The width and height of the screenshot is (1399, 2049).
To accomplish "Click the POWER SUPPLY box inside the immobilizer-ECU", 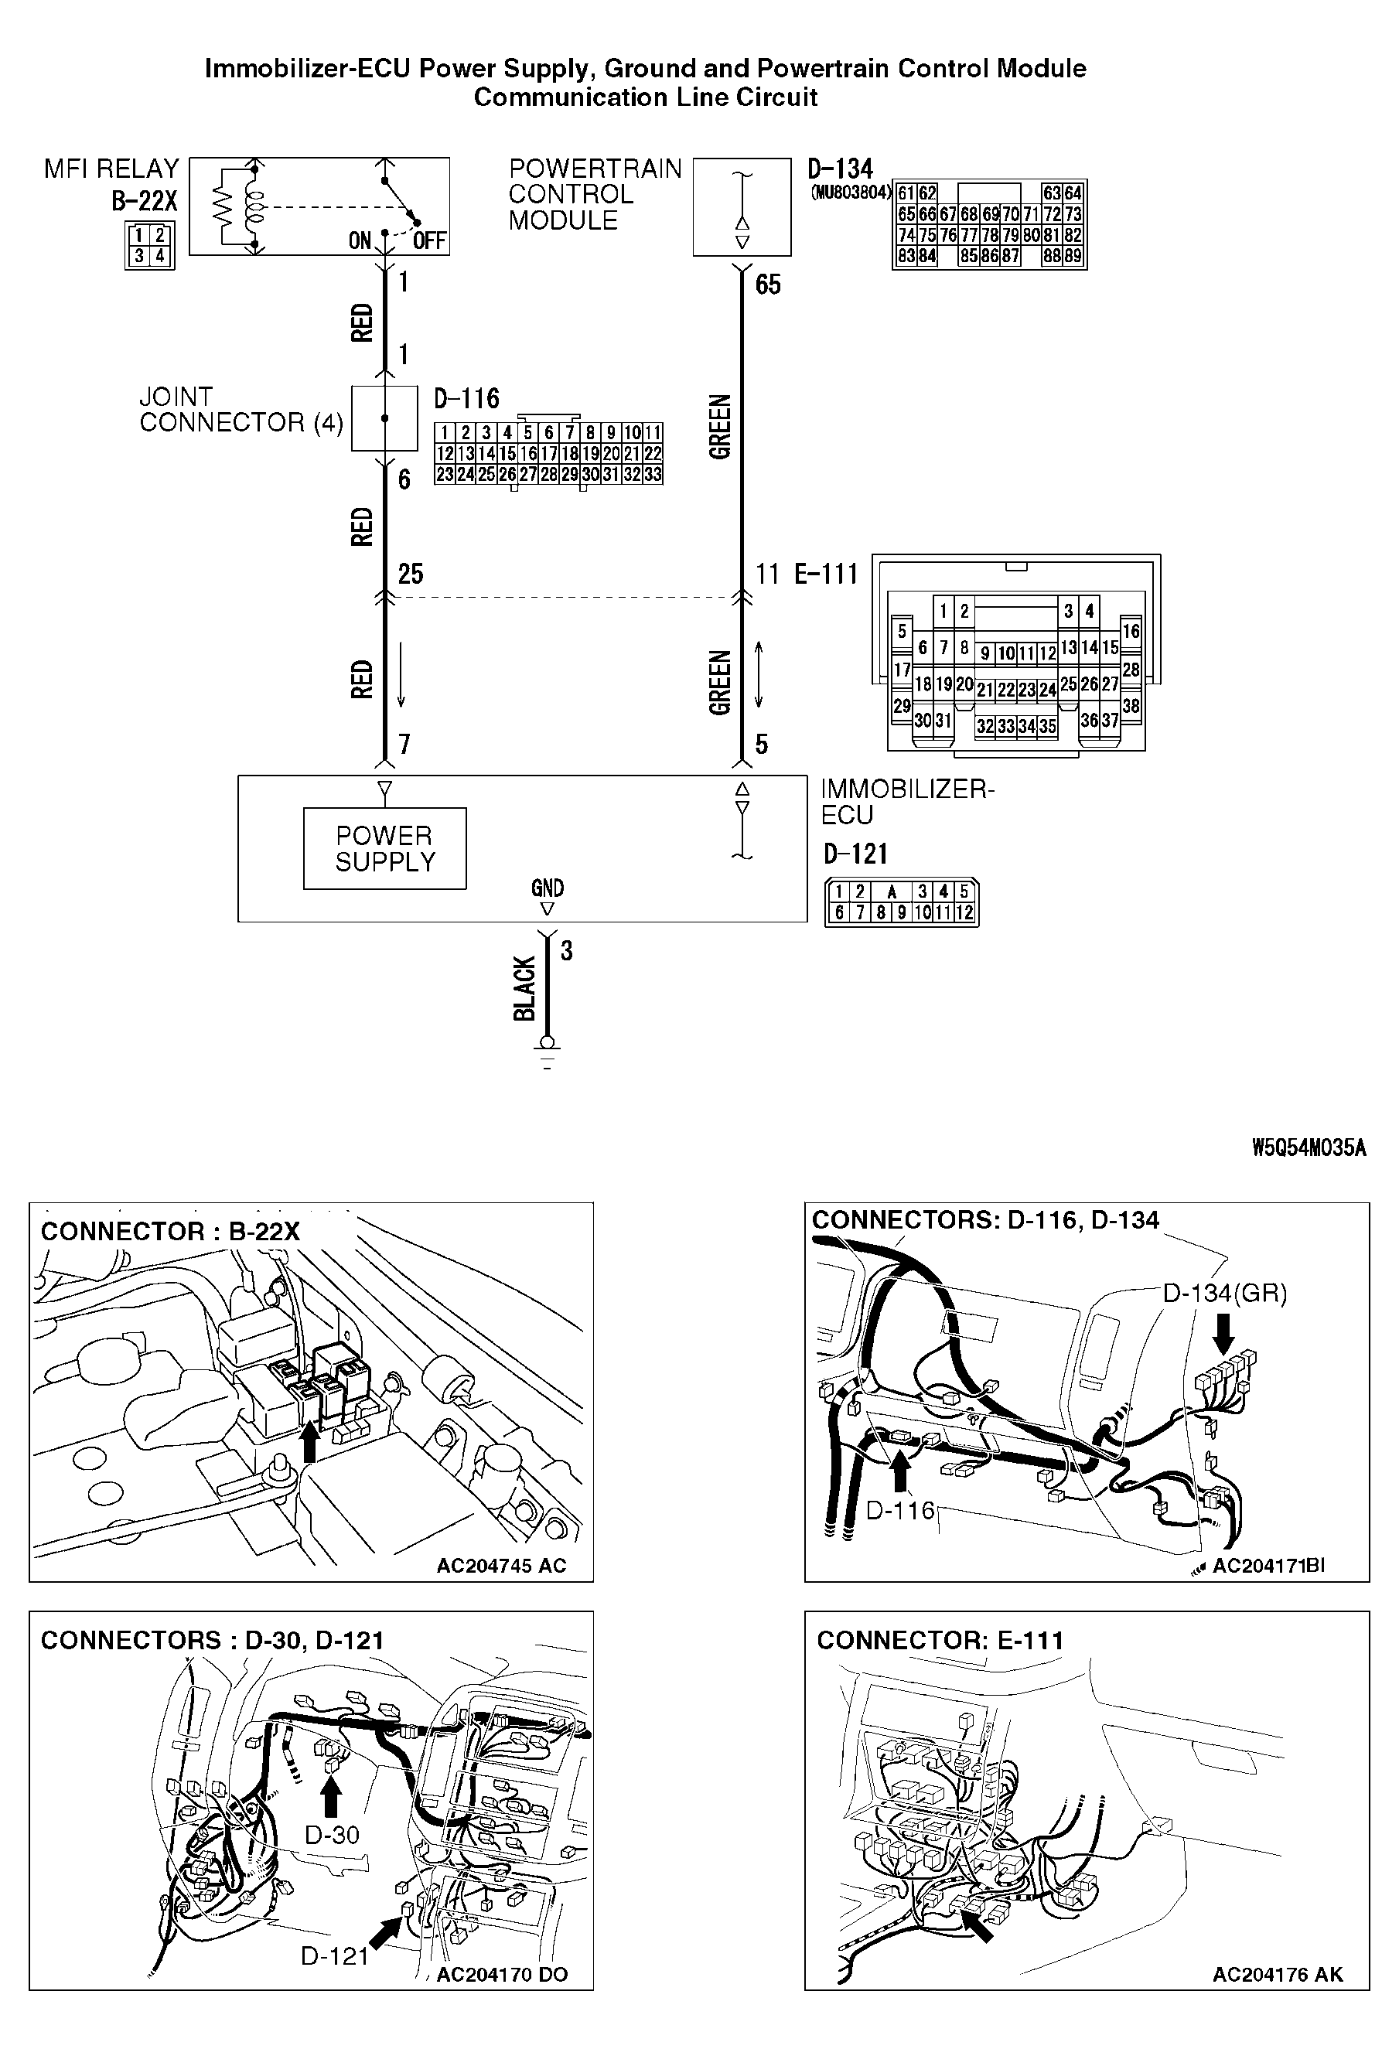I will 384,848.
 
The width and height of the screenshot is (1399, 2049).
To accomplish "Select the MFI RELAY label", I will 111,169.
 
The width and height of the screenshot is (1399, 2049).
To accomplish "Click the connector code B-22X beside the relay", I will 144,202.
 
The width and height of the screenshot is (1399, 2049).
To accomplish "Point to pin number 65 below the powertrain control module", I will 767,285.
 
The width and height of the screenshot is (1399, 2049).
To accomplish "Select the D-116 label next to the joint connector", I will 466,400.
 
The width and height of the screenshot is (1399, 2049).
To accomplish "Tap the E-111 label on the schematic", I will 826,574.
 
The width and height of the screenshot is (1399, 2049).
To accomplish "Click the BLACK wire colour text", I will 525,987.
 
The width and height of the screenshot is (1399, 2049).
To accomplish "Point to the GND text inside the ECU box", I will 547,888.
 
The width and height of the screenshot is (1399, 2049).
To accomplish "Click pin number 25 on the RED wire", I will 410,574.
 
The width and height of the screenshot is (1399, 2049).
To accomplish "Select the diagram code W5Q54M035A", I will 1309,1148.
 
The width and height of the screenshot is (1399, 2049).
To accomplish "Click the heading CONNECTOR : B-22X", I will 170,1232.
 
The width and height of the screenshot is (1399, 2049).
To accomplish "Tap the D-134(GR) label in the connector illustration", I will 1224,1294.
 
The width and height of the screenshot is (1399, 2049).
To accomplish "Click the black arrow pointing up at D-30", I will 331,1798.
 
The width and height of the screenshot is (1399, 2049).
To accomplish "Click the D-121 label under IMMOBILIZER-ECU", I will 855,854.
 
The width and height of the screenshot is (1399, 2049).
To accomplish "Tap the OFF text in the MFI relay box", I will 429,240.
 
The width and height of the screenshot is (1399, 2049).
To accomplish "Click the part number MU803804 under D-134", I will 851,193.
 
